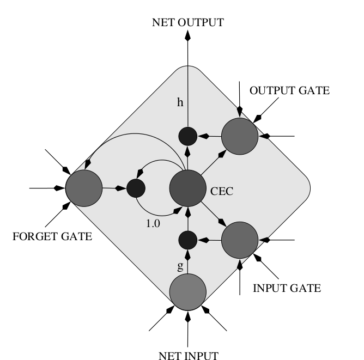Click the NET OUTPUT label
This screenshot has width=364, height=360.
[187, 22]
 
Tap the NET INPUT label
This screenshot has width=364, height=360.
[188, 356]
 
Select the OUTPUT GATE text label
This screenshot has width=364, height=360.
[289, 91]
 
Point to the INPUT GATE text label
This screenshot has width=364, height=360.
[287, 288]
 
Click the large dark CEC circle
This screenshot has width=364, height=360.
[187, 188]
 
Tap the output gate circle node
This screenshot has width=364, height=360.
[239, 135]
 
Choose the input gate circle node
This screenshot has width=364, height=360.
[239, 239]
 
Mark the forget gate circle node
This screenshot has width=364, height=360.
[84, 188]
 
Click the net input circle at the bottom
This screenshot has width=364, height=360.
[187, 292]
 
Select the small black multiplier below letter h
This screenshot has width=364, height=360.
[187, 135]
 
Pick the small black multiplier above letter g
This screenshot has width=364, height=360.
[187, 239]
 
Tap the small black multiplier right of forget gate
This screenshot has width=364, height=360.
[136, 188]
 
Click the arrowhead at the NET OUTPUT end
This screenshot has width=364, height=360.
[187, 36]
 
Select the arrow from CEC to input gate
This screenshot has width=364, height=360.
[213, 214]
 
